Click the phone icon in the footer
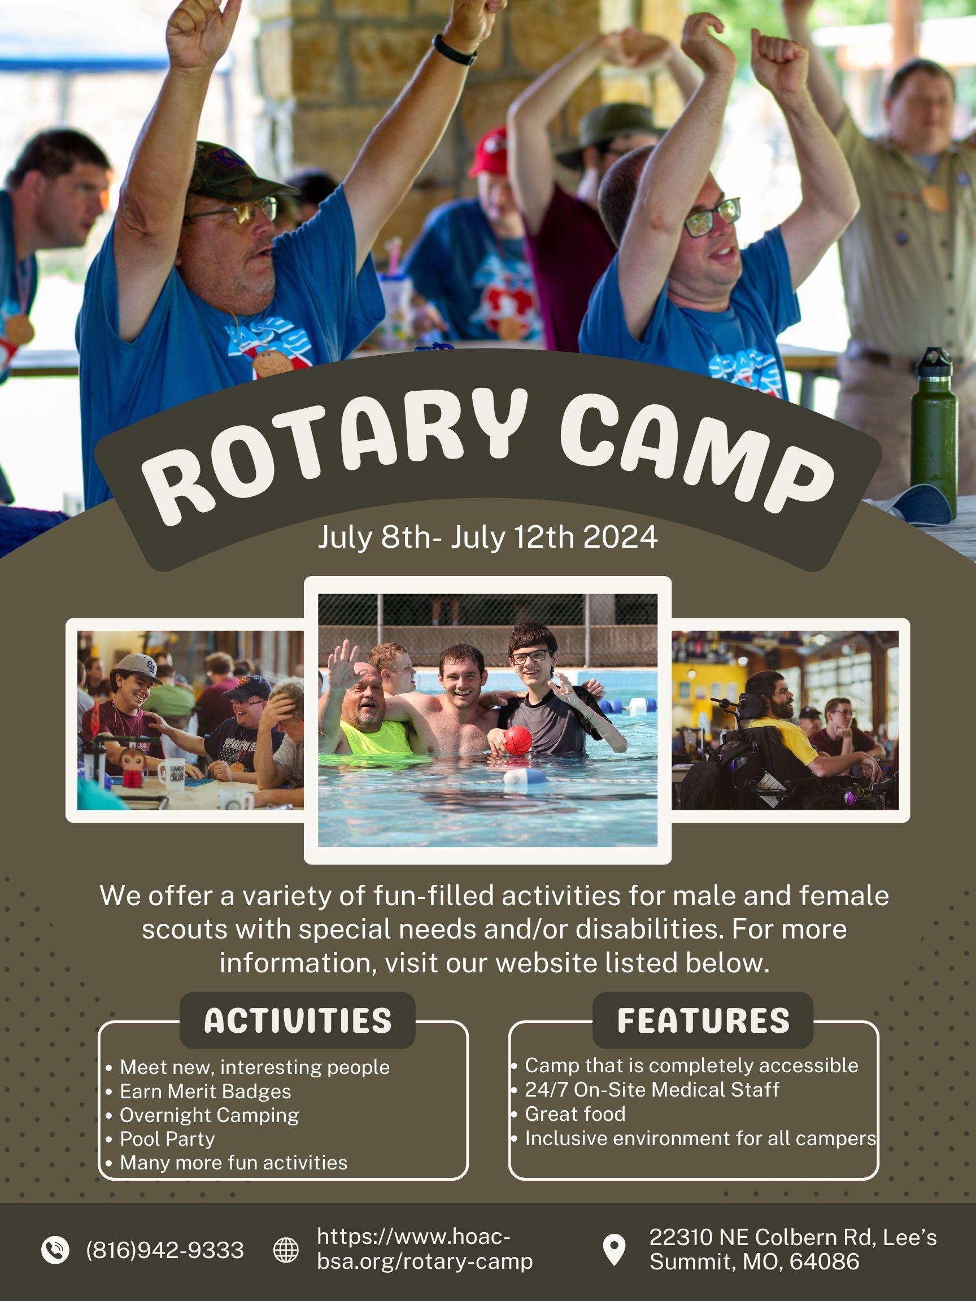coord(55,1249)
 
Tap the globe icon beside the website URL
coord(286,1250)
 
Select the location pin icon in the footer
coord(614,1249)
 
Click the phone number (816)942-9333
coord(165,1250)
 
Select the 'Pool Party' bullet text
coord(167,1140)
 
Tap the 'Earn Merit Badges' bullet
coord(206,1092)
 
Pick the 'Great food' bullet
coord(575,1114)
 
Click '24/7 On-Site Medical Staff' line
coord(652,1090)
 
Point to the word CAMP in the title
coord(694,453)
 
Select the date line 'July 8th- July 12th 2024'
coord(487,537)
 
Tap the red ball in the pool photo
coord(518,739)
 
